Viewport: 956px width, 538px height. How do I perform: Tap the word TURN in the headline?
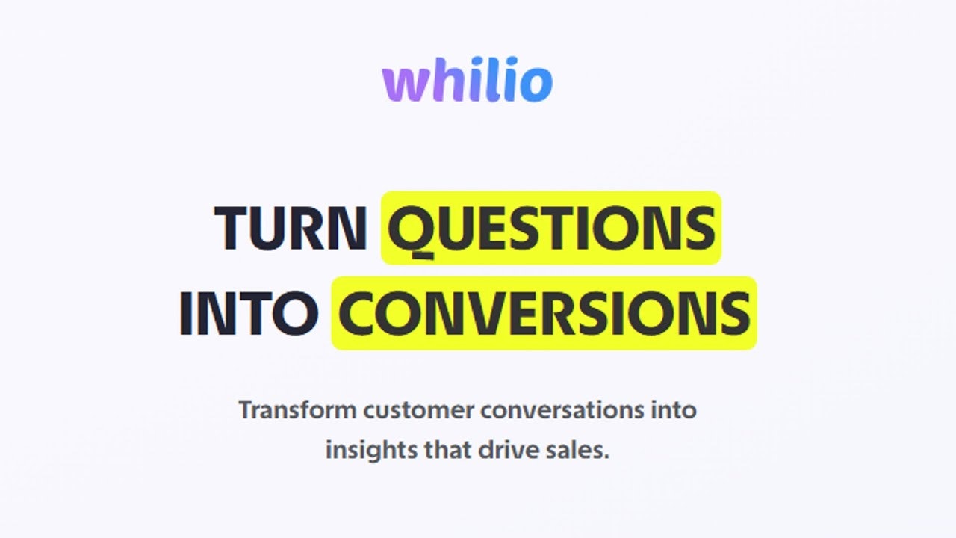click(290, 228)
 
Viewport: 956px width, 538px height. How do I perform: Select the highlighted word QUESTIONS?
click(551, 228)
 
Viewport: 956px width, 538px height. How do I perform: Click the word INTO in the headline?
click(249, 313)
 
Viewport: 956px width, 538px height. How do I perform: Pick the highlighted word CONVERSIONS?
click(544, 313)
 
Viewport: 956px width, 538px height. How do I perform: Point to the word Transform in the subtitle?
click(297, 410)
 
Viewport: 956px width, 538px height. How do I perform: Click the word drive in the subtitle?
click(510, 451)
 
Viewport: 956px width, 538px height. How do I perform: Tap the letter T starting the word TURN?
click(231, 228)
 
